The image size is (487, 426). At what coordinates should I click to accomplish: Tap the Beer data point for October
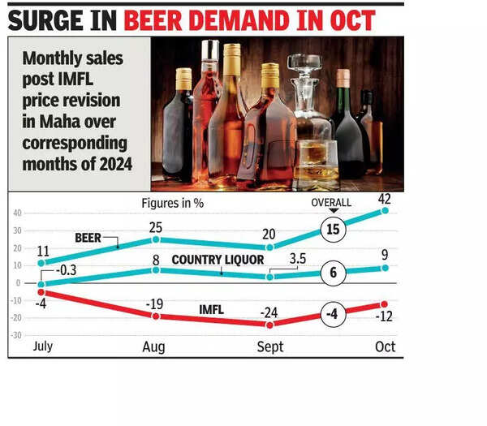385,210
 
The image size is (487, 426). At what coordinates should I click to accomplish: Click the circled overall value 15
332,230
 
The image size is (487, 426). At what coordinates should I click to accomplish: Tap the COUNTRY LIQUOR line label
217,260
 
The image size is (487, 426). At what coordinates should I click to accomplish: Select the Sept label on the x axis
269,346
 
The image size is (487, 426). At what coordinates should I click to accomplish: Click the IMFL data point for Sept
270,325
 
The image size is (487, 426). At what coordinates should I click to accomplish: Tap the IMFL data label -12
386,316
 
